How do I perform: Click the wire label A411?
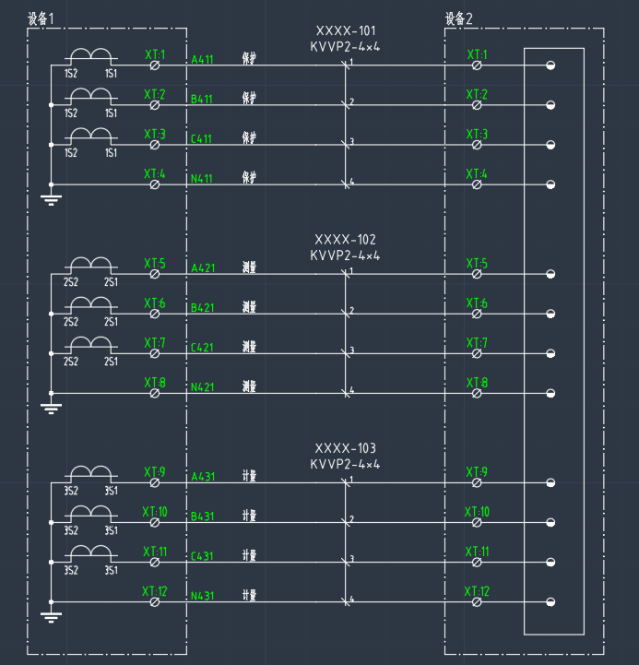[x=202, y=60]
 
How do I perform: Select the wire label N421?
[x=202, y=388]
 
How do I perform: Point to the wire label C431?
[x=202, y=556]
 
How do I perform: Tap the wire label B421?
[x=202, y=308]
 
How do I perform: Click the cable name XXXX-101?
[x=346, y=30]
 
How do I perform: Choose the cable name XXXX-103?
[x=346, y=448]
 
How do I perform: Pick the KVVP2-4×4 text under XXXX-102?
[x=346, y=255]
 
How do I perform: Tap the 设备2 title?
[x=458, y=18]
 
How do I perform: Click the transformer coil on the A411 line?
[x=91, y=56]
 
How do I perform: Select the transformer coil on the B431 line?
[x=91, y=513]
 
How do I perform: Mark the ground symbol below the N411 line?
[x=52, y=197]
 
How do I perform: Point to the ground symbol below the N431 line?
[x=52, y=615]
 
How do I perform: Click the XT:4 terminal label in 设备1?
[x=154, y=173]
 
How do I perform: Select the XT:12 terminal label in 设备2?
[x=477, y=590]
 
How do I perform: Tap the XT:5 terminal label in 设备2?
[x=477, y=265]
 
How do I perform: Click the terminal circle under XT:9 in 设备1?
[x=155, y=483]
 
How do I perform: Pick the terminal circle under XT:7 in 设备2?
[x=477, y=354]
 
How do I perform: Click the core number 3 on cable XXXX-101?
[x=351, y=142]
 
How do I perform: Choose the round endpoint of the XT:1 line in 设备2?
[x=550, y=65]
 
